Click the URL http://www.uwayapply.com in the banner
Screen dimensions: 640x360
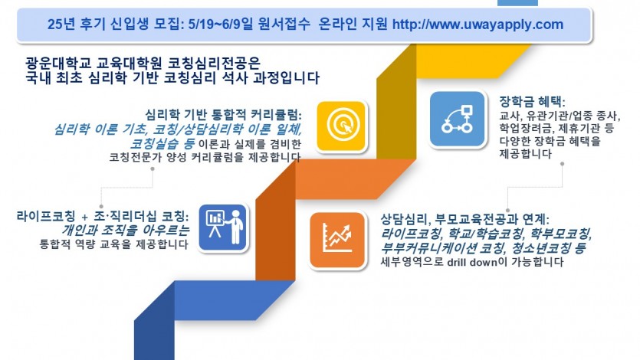point(478,25)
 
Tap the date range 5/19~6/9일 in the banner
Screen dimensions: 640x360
point(221,25)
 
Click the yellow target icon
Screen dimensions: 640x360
point(342,126)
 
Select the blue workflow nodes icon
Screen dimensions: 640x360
point(457,119)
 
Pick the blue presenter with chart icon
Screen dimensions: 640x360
point(223,227)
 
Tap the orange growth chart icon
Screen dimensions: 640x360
point(336,239)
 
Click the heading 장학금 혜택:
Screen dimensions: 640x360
point(532,102)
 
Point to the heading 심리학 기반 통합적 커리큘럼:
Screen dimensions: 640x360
point(224,115)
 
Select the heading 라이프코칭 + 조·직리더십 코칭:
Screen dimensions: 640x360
point(103,216)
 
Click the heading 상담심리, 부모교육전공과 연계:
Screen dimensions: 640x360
point(465,219)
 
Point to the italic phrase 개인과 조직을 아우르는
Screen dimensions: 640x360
point(126,231)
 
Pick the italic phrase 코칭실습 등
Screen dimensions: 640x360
point(162,143)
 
